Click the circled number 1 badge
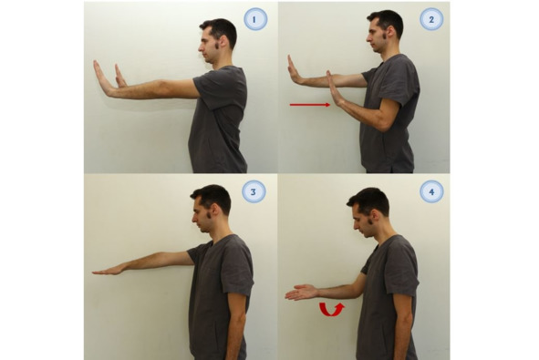pyautogui.click(x=255, y=19)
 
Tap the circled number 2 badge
pyautogui.click(x=431, y=19)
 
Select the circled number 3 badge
pyautogui.click(x=254, y=191)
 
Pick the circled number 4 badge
pyautogui.click(x=431, y=191)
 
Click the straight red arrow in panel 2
pyautogui.click(x=310, y=105)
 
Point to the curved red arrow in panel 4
pyautogui.click(x=332, y=309)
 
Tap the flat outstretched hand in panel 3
pyautogui.click(x=109, y=271)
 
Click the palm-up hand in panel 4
pyautogui.click(x=301, y=293)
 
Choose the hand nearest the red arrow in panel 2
pyautogui.click(x=334, y=88)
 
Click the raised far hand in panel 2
pyautogui.click(x=295, y=70)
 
